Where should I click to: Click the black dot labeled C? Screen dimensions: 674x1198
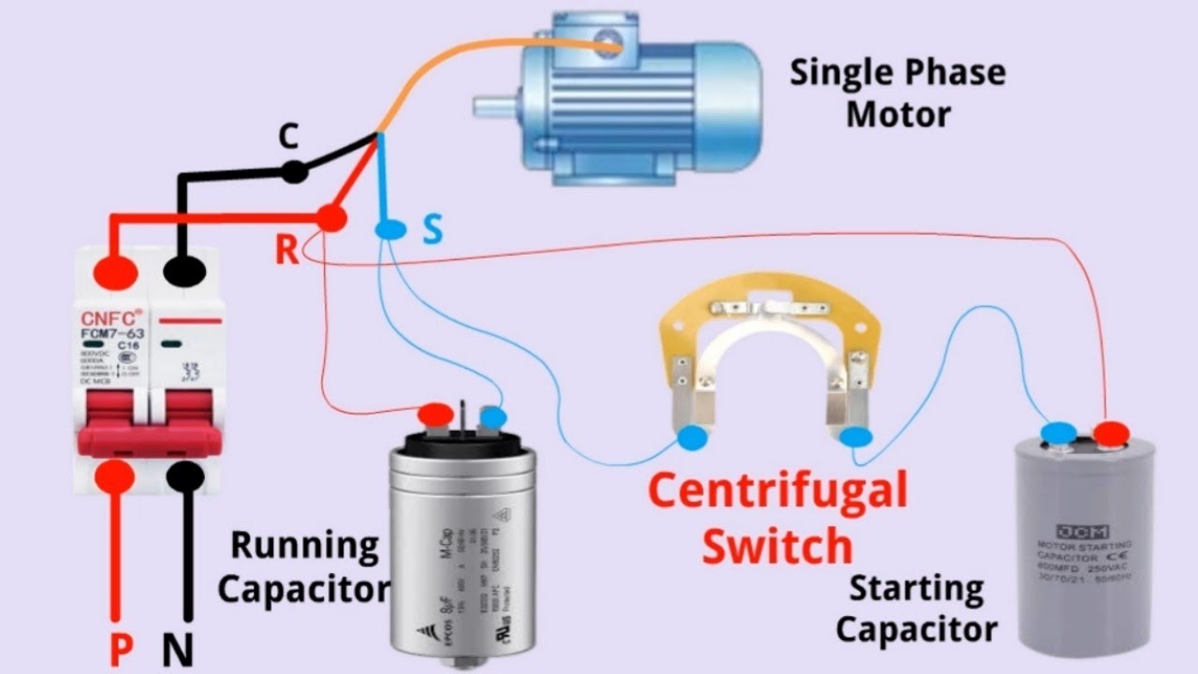295,171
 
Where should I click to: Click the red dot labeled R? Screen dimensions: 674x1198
329,219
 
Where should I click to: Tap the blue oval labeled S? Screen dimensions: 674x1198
390,227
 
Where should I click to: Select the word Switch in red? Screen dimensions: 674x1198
778,545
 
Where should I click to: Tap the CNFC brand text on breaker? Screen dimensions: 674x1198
105,317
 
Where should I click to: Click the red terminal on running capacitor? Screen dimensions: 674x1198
435,414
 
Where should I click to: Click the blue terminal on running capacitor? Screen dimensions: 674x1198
492,418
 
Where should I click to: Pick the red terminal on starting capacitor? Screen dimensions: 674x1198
1112,432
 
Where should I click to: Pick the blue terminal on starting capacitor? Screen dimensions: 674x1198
1059,432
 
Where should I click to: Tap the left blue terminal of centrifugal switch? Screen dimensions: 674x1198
693,436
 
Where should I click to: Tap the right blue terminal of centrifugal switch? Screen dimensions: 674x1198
855,436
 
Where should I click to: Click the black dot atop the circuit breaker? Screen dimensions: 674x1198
184,272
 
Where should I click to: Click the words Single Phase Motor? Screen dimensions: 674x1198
897,94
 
